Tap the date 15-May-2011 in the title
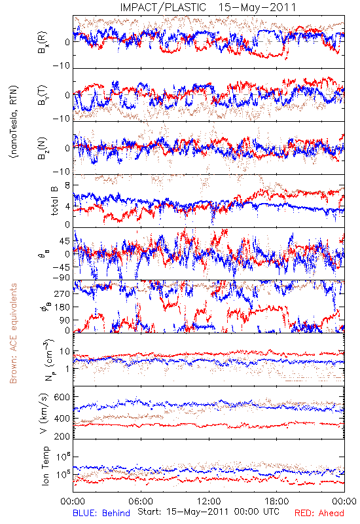click(257, 7)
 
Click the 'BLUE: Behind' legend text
click(101, 513)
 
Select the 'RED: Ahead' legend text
click(319, 513)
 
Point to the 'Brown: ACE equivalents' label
click(13, 333)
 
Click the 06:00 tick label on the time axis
click(141, 501)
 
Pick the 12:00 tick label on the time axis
click(209, 501)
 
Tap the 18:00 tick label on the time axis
click(277, 501)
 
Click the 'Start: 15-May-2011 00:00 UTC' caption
click(208, 512)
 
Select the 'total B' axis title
click(54, 200)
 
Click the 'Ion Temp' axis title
click(45, 465)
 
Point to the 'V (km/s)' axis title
click(45, 413)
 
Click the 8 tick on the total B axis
click(67, 185)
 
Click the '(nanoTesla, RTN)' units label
click(14, 122)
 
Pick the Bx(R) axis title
click(43, 42)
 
